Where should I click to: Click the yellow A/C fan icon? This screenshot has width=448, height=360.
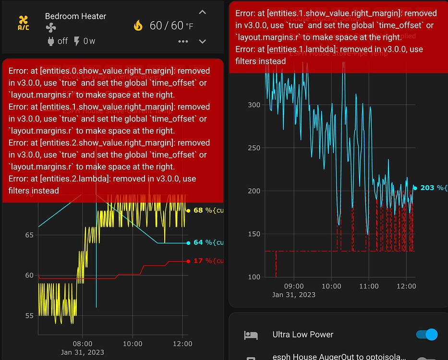[x=23, y=23]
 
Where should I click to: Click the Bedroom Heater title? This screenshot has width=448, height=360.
[x=75, y=16]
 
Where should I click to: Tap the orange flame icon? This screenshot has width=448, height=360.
[x=138, y=25]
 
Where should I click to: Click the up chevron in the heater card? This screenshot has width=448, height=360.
[x=203, y=12]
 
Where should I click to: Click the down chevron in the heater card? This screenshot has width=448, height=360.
[x=203, y=42]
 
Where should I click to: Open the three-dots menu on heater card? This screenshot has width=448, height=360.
[x=183, y=42]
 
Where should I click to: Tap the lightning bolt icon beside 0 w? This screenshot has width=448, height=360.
[x=77, y=41]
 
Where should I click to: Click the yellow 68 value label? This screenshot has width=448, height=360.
[x=198, y=210]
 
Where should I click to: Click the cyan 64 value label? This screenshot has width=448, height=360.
[x=198, y=242]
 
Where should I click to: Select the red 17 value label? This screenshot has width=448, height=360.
[x=198, y=261]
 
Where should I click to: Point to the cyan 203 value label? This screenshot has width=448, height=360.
[x=427, y=188]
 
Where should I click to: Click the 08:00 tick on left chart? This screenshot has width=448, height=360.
[x=82, y=344]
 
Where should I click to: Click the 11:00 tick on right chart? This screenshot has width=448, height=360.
[x=368, y=286]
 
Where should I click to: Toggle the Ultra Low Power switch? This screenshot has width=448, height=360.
[x=426, y=335]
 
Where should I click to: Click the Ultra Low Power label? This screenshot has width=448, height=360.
[x=303, y=335]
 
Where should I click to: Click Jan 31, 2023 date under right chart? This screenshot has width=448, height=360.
[x=293, y=294]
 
